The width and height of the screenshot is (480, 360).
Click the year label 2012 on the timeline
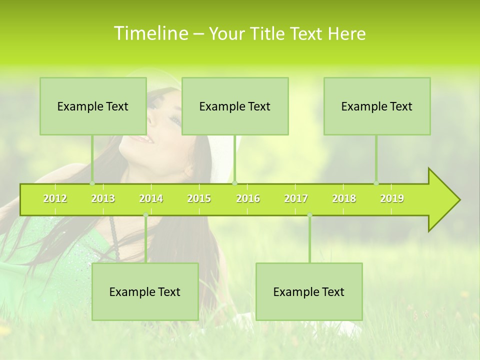(x=55, y=198)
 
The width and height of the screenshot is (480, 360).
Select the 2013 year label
(x=103, y=198)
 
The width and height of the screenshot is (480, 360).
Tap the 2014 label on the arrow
(x=151, y=198)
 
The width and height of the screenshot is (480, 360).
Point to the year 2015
(x=199, y=198)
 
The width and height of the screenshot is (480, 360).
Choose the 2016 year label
(x=248, y=198)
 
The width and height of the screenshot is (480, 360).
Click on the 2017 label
(x=296, y=198)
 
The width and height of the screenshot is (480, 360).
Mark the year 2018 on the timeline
(x=344, y=198)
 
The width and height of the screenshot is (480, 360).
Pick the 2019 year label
(x=392, y=198)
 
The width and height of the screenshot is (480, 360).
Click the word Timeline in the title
(x=150, y=33)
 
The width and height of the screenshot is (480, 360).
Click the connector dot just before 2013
(x=92, y=183)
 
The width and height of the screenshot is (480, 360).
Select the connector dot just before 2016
(x=235, y=183)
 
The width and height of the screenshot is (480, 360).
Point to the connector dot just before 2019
(x=376, y=183)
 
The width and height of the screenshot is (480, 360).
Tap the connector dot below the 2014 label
(x=145, y=215)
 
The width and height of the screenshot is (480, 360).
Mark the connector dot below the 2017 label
(x=309, y=215)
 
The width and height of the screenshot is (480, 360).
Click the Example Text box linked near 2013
(x=93, y=106)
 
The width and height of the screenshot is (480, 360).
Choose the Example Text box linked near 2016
(x=235, y=106)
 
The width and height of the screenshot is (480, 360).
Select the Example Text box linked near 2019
(x=377, y=106)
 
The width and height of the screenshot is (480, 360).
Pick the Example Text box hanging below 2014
(x=145, y=291)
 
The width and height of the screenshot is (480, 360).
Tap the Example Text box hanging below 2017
(x=309, y=291)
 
